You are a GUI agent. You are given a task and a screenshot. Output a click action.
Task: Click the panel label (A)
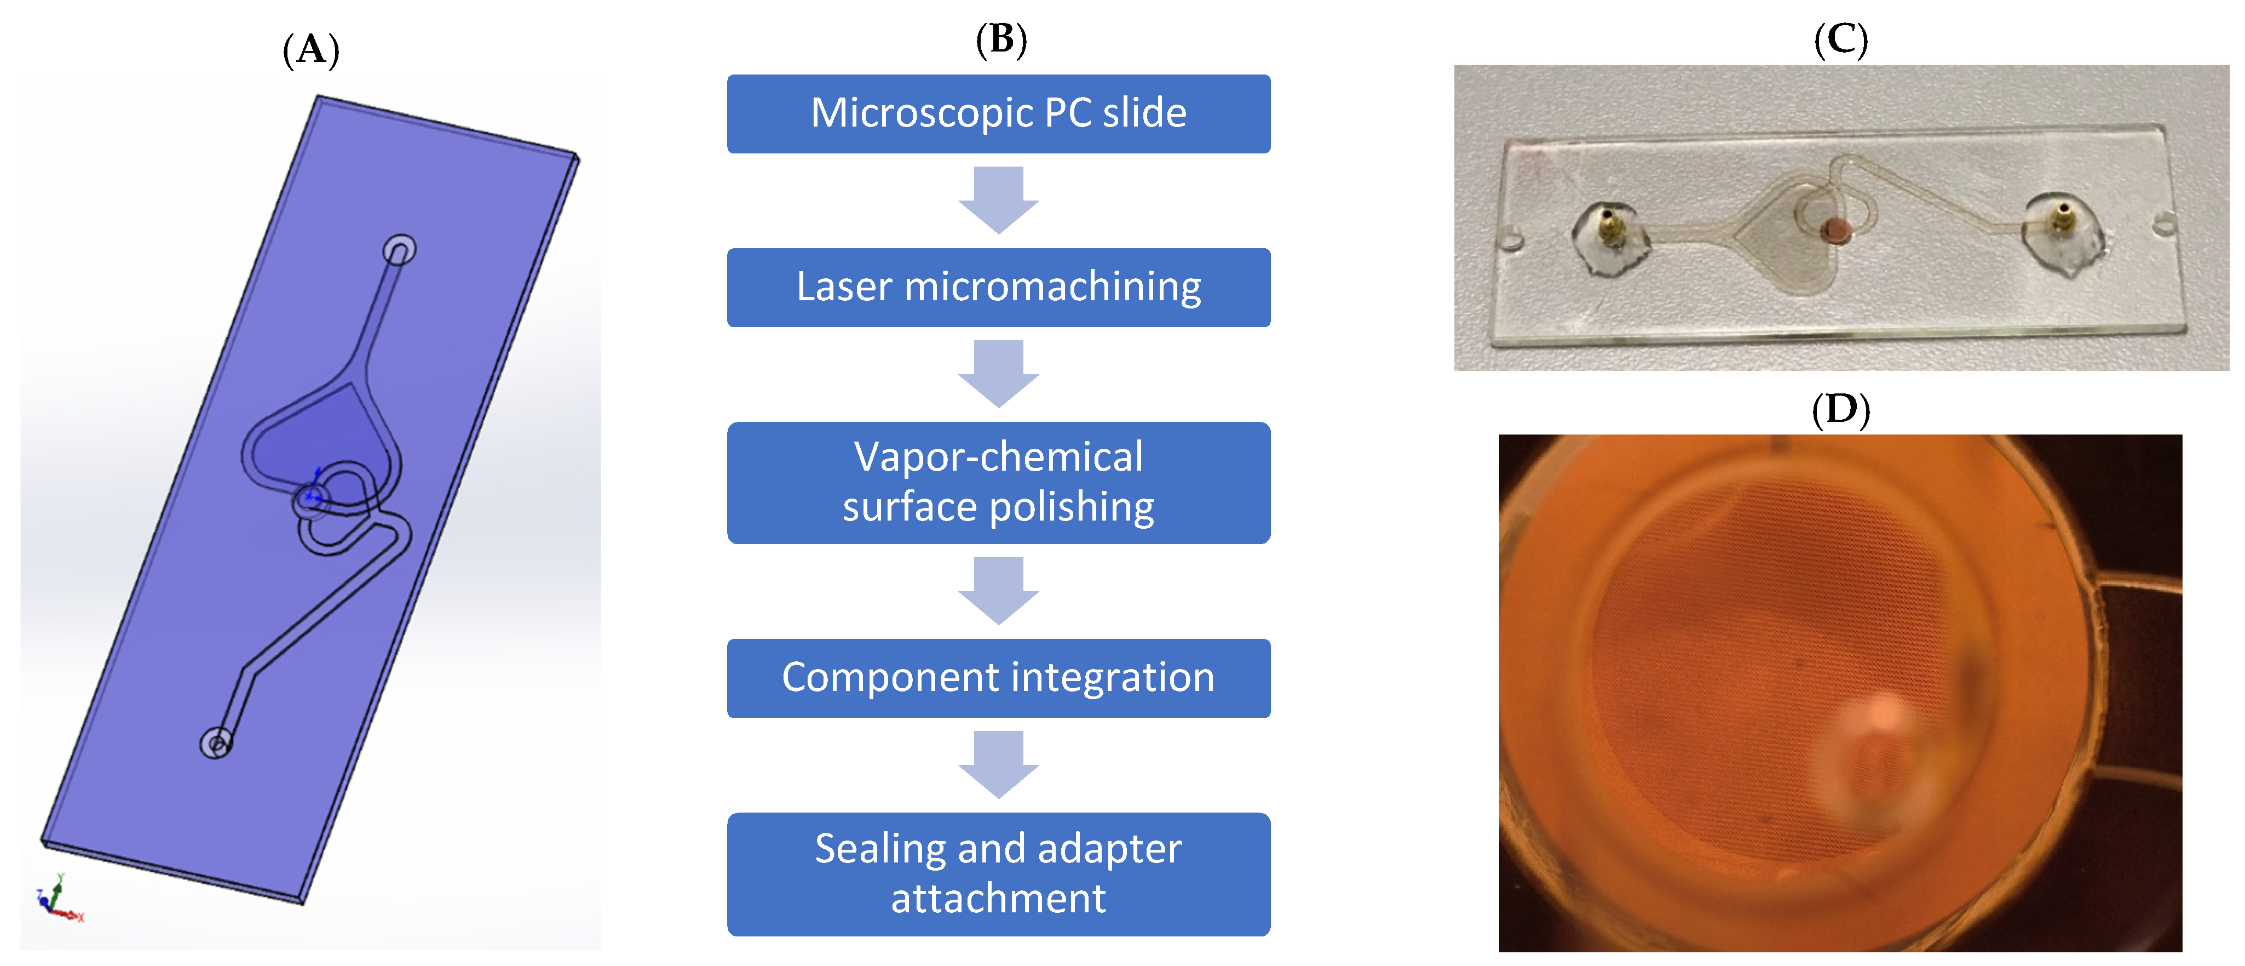pos(311,50)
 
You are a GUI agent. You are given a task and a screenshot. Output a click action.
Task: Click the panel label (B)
pos(1000,40)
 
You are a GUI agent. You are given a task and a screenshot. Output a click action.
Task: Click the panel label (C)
pos(1840,40)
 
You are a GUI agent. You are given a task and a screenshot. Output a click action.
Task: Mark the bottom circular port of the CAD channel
pos(216,744)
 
